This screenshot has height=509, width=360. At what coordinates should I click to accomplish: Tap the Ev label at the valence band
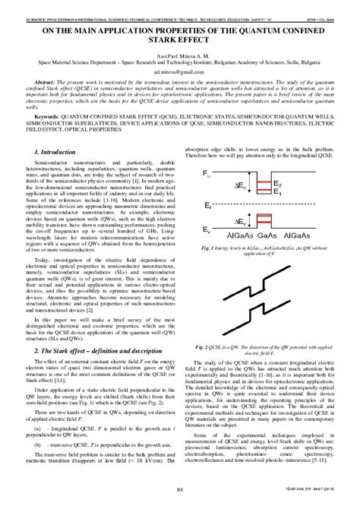pyautogui.click(x=209, y=229)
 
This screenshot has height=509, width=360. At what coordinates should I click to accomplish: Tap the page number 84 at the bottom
pyautogui.click(x=180, y=497)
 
